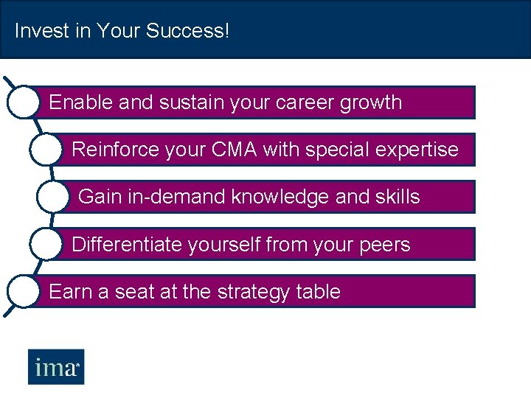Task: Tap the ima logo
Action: point(56,367)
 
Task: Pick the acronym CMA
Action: point(234,150)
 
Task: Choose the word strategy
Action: point(253,292)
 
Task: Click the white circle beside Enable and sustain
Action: point(22,102)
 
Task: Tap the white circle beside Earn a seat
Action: point(22,291)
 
